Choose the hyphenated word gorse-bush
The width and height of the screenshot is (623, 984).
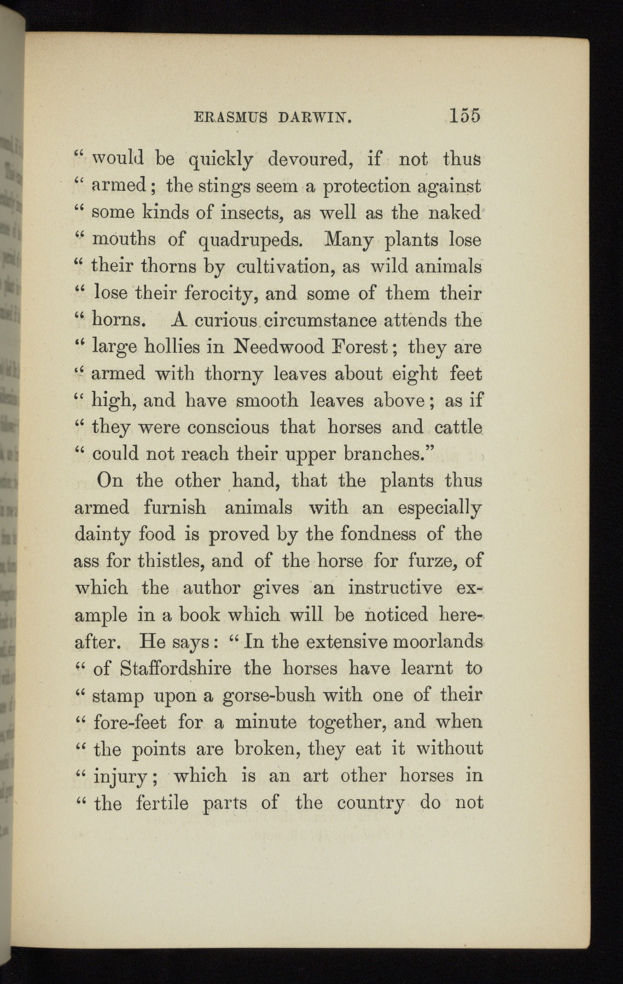[269, 696]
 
